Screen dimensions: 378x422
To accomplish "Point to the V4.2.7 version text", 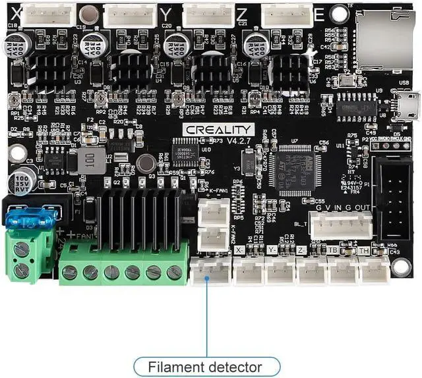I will coord(240,141).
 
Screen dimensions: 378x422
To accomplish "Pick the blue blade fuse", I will coord(29,219).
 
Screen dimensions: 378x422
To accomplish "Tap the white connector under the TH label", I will coord(375,270).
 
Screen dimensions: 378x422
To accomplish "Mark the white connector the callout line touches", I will coord(210,270).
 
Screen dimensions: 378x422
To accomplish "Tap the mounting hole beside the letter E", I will coord(339,13).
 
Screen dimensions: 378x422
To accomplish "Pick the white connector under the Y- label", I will coord(280,271).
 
